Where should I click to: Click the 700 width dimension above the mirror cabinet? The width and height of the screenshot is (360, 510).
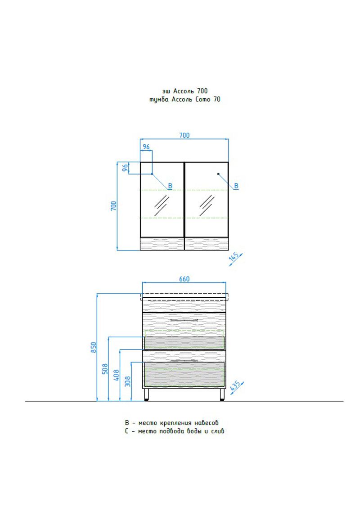tap(184, 135)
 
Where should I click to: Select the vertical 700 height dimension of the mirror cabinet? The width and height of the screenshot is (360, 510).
tap(114, 206)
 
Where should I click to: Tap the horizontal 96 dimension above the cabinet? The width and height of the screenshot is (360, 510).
tap(146, 147)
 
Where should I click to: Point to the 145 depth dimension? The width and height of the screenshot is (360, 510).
tap(233, 258)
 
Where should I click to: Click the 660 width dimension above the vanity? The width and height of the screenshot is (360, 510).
tap(184, 279)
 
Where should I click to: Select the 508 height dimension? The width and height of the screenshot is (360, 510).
tap(105, 369)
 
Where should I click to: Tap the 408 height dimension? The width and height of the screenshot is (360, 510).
tap(116, 375)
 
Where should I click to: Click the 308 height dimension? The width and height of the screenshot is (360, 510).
tap(127, 381)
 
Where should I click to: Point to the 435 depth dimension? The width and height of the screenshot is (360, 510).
tap(234, 386)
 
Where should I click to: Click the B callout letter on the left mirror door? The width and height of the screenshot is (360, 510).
tap(170, 186)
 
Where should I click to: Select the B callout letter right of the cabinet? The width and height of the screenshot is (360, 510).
tap(236, 186)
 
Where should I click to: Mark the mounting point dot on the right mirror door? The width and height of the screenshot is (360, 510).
tap(218, 174)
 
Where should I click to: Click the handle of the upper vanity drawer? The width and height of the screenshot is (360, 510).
tap(184, 319)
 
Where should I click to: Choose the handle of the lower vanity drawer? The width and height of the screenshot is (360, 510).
tap(184, 360)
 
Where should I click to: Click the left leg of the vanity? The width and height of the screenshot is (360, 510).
tap(147, 394)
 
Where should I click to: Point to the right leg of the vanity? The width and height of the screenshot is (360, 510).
tap(222, 394)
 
